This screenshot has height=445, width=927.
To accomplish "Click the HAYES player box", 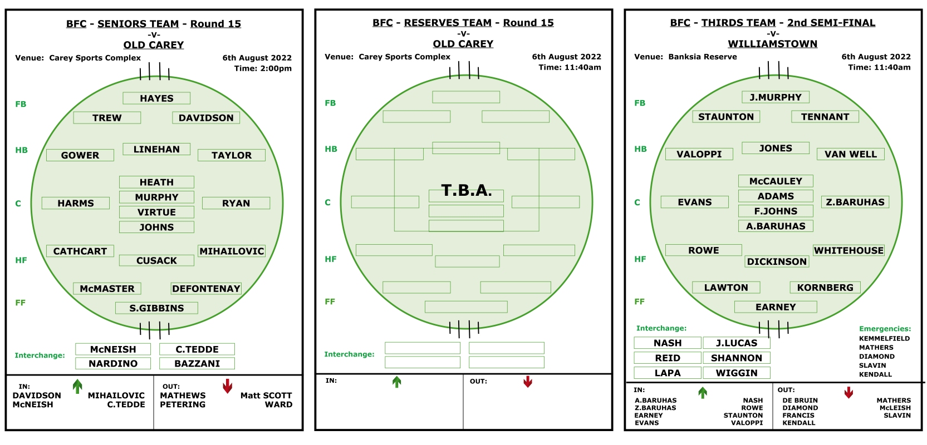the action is click(x=156, y=98).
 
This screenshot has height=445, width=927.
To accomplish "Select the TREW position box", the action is click(x=107, y=117).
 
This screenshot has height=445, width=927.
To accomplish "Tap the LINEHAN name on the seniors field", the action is click(x=156, y=149).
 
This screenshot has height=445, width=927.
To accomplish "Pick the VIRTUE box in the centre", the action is click(x=156, y=212).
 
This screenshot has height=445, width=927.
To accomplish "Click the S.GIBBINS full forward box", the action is click(x=156, y=308).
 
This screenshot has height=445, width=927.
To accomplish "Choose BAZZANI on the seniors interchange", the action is click(x=197, y=363).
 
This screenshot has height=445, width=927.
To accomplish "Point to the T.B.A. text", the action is click(x=467, y=190).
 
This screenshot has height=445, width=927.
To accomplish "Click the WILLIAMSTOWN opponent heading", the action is click(x=772, y=44).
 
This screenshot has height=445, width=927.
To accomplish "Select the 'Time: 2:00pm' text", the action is click(x=263, y=68).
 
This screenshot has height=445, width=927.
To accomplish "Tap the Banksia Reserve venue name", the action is click(x=702, y=57).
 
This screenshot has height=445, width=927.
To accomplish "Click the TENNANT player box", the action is click(x=825, y=117).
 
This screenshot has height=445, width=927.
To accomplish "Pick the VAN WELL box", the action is click(x=850, y=154).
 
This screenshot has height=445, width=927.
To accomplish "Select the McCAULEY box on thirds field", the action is click(x=776, y=181).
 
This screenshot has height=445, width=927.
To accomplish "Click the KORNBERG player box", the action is click(x=825, y=288).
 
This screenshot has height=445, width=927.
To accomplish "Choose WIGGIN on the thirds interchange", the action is click(x=736, y=373).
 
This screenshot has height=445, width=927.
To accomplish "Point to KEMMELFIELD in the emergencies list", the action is click(x=884, y=338).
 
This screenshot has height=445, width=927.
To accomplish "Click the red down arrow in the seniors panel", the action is click(x=227, y=386).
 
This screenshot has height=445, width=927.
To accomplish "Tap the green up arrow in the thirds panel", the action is click(x=702, y=393).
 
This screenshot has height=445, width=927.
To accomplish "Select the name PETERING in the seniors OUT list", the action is click(x=183, y=404).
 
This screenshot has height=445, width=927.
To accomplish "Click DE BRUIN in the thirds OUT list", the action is click(x=800, y=400).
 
